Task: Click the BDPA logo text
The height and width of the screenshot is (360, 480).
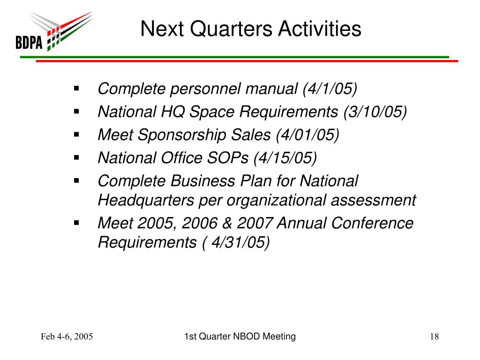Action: click(29, 42)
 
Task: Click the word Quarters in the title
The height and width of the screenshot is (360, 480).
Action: click(231, 29)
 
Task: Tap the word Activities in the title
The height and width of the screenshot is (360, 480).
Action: click(320, 29)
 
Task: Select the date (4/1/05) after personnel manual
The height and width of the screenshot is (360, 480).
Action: click(330, 89)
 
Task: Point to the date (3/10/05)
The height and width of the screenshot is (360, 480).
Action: click(375, 112)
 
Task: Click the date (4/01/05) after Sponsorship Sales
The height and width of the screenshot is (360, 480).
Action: click(307, 135)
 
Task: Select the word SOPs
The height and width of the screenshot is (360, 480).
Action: click(227, 158)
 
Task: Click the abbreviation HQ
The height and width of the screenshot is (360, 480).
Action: click(172, 112)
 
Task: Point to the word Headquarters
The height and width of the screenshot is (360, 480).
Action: click(146, 201)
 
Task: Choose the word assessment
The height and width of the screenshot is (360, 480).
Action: click(373, 201)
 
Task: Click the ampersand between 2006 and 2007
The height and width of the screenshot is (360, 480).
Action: click(227, 223)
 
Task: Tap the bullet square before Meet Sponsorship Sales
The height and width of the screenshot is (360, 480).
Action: click(76, 135)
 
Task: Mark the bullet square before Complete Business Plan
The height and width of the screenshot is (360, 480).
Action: click(76, 180)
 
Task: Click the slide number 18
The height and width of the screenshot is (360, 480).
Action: click(435, 337)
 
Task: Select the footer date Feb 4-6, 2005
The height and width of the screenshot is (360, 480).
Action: click(67, 337)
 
